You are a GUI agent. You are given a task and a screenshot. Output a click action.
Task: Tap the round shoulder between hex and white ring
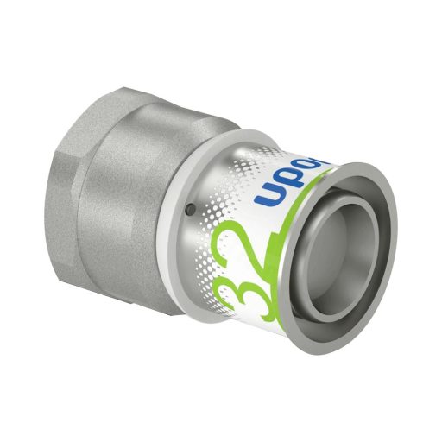coord(164,216)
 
